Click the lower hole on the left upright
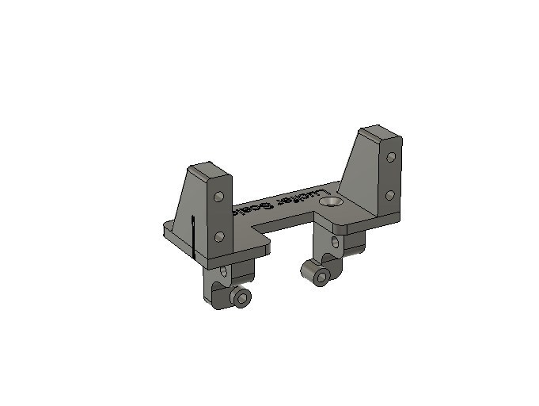coord(221,235)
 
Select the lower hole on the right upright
coord(390,194)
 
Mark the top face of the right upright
coord(380,134)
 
